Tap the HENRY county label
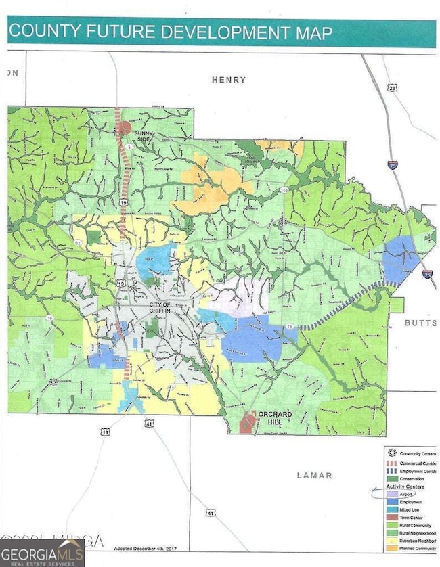[228, 80]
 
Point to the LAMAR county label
[315, 476]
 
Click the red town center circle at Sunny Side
[124, 127]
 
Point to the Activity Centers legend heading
[405, 486]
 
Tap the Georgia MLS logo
[42, 550]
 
